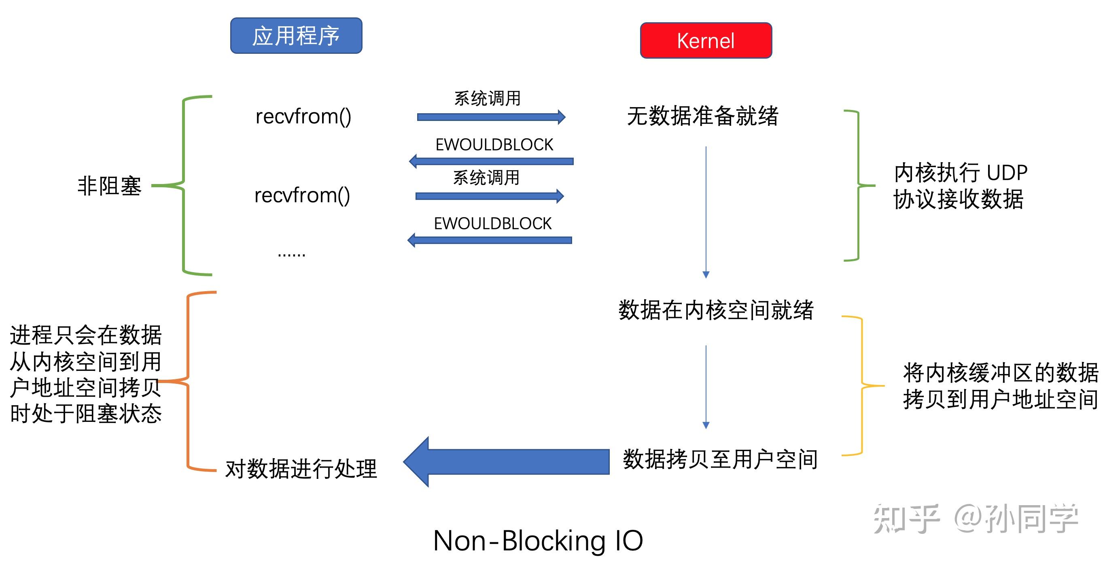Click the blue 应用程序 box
[x=296, y=36]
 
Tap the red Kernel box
[x=706, y=41]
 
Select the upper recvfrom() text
[x=303, y=116]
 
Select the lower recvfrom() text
[x=302, y=195]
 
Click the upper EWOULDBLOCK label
[x=494, y=145]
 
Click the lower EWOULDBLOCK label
[x=492, y=224]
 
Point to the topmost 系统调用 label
[x=487, y=98]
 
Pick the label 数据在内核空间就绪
[x=716, y=310]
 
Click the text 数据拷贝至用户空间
[x=720, y=459]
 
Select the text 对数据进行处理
[x=301, y=468]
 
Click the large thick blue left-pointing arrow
[x=507, y=461]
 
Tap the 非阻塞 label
[x=109, y=186]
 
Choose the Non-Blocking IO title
[x=538, y=540]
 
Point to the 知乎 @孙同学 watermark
[x=976, y=519]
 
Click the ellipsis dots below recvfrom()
[x=291, y=254]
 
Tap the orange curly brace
[x=188, y=381]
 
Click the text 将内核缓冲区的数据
[x=1001, y=373]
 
